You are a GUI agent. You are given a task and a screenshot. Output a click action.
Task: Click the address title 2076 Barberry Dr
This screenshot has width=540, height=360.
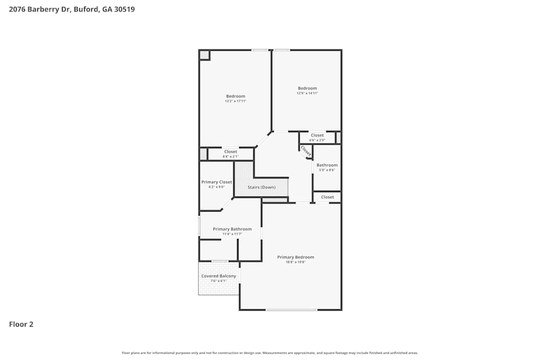(x=67, y=9)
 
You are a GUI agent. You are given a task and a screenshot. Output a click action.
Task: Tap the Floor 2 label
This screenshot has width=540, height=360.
(x=21, y=324)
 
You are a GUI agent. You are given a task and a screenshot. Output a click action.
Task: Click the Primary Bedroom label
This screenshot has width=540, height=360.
(x=295, y=257)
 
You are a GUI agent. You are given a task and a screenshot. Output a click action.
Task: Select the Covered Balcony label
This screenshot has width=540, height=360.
(x=219, y=276)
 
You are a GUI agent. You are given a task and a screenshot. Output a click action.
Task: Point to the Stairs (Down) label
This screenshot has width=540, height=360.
(x=261, y=187)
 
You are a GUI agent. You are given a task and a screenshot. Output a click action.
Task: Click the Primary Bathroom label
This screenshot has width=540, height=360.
(x=232, y=229)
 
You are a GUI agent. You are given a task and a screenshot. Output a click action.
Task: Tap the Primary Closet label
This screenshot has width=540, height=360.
(x=217, y=182)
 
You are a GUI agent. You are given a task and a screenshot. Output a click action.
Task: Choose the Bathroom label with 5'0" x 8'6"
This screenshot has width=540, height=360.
(x=327, y=165)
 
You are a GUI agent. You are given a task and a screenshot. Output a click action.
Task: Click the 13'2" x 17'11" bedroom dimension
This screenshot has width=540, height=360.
(x=235, y=101)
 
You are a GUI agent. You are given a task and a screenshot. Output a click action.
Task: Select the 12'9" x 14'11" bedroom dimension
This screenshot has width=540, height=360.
(x=307, y=93)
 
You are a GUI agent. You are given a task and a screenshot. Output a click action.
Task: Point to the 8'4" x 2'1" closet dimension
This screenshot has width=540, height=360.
(x=231, y=157)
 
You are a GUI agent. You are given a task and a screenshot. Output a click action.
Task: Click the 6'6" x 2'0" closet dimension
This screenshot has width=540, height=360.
(x=317, y=140)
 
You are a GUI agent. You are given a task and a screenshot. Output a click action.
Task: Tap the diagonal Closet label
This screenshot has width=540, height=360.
(x=306, y=151)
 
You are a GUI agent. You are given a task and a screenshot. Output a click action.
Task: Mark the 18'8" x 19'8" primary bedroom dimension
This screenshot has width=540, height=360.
(x=295, y=262)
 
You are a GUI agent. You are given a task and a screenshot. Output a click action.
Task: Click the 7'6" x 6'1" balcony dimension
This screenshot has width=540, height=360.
(x=219, y=281)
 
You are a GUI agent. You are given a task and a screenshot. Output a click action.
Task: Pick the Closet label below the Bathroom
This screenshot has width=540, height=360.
(x=327, y=197)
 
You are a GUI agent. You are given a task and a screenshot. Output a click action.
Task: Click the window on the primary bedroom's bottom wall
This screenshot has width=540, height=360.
(x=291, y=310)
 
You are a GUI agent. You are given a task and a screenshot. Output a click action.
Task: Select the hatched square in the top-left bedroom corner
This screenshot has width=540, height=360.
(x=204, y=55)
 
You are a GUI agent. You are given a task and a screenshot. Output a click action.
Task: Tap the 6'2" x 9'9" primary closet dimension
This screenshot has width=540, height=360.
(x=217, y=187)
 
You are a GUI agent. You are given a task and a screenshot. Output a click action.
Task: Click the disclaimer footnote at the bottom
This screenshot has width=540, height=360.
(x=270, y=353)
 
